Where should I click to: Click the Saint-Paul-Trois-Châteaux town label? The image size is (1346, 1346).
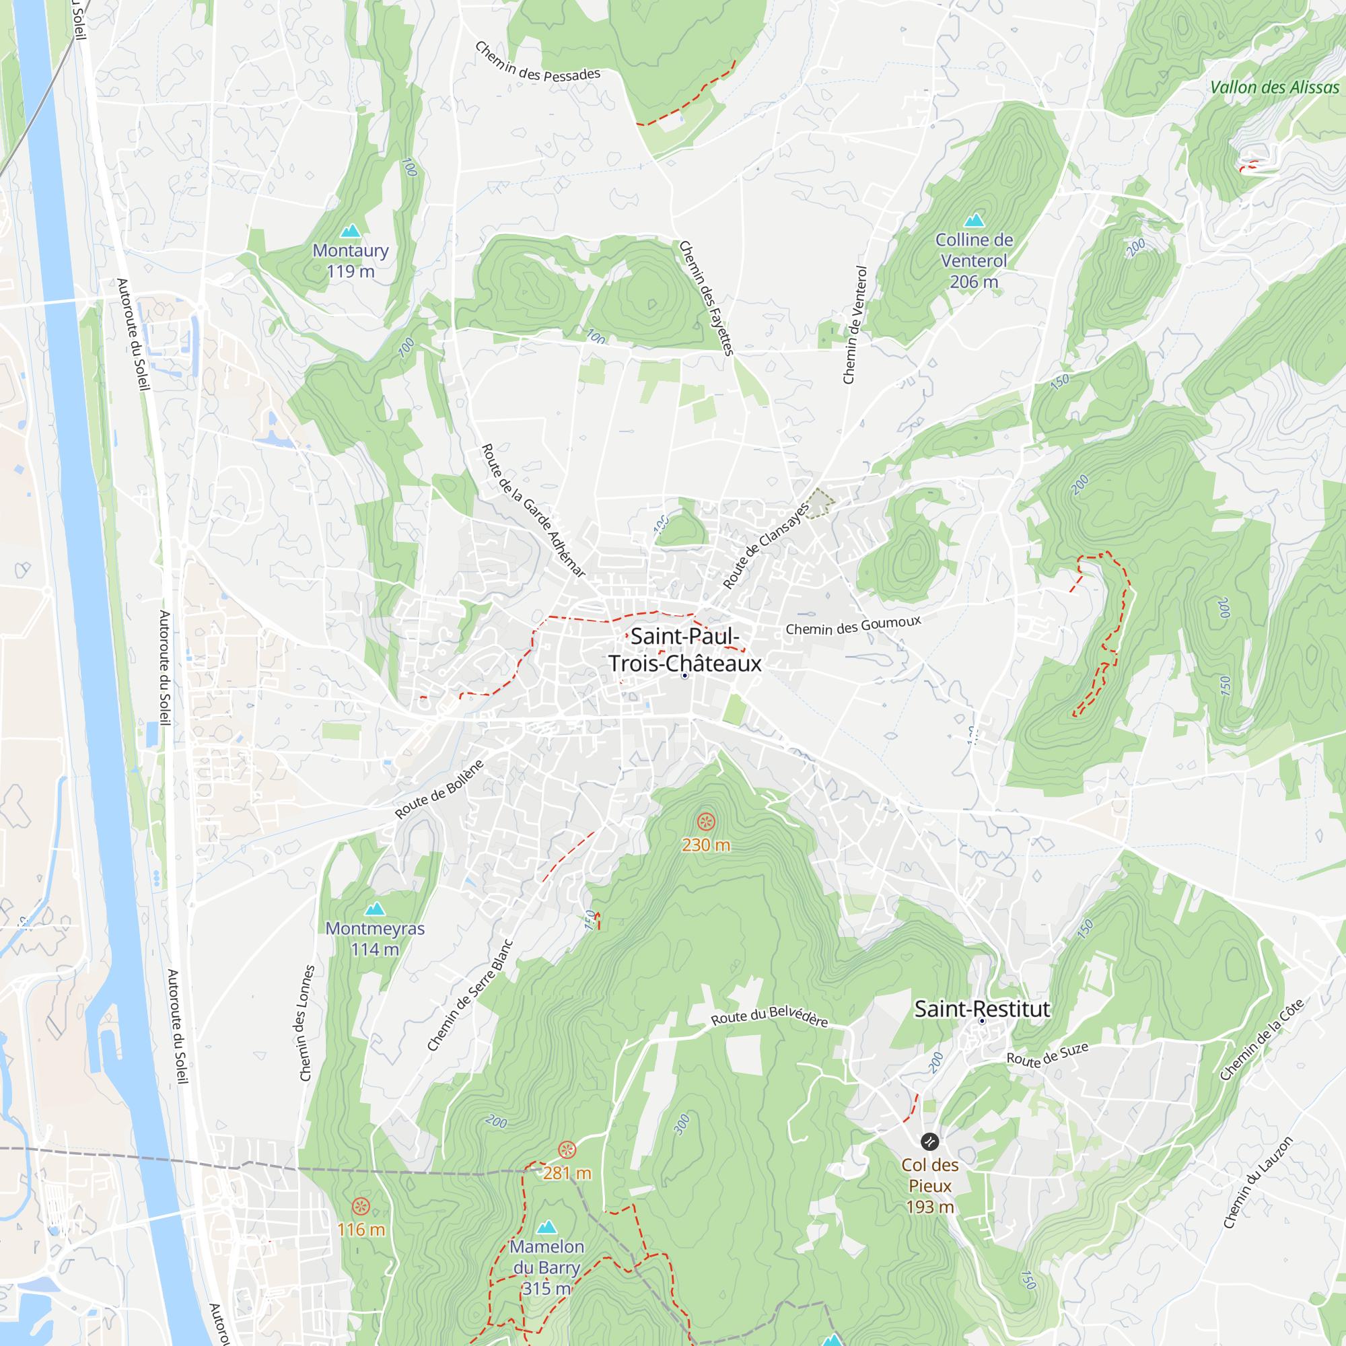point(685,649)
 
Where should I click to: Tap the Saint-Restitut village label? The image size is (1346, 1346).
point(982,1009)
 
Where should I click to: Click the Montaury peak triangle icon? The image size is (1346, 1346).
point(351,231)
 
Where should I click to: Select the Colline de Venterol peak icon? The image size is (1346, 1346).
point(974,220)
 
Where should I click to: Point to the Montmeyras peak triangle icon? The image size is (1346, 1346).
point(375,909)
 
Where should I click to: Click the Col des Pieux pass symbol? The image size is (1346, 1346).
point(929,1141)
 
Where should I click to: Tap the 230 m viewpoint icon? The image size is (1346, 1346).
point(706,822)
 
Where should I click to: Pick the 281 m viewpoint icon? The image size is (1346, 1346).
point(567,1149)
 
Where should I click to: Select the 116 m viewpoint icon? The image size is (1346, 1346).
point(360,1206)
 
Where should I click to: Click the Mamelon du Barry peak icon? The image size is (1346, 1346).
point(547,1227)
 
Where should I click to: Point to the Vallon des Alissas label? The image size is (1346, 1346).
point(1274,87)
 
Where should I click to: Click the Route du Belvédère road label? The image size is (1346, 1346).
point(769,1016)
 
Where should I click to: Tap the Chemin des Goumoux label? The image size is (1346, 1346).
point(853,626)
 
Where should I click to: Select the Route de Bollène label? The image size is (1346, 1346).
point(439,789)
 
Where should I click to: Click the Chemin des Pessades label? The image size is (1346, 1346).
point(537,63)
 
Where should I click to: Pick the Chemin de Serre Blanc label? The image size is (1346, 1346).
point(470,995)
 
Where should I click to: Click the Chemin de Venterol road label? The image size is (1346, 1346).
point(855,324)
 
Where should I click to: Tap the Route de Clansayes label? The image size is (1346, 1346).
point(766,546)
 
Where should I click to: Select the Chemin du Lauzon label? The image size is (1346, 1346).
point(1259,1182)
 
